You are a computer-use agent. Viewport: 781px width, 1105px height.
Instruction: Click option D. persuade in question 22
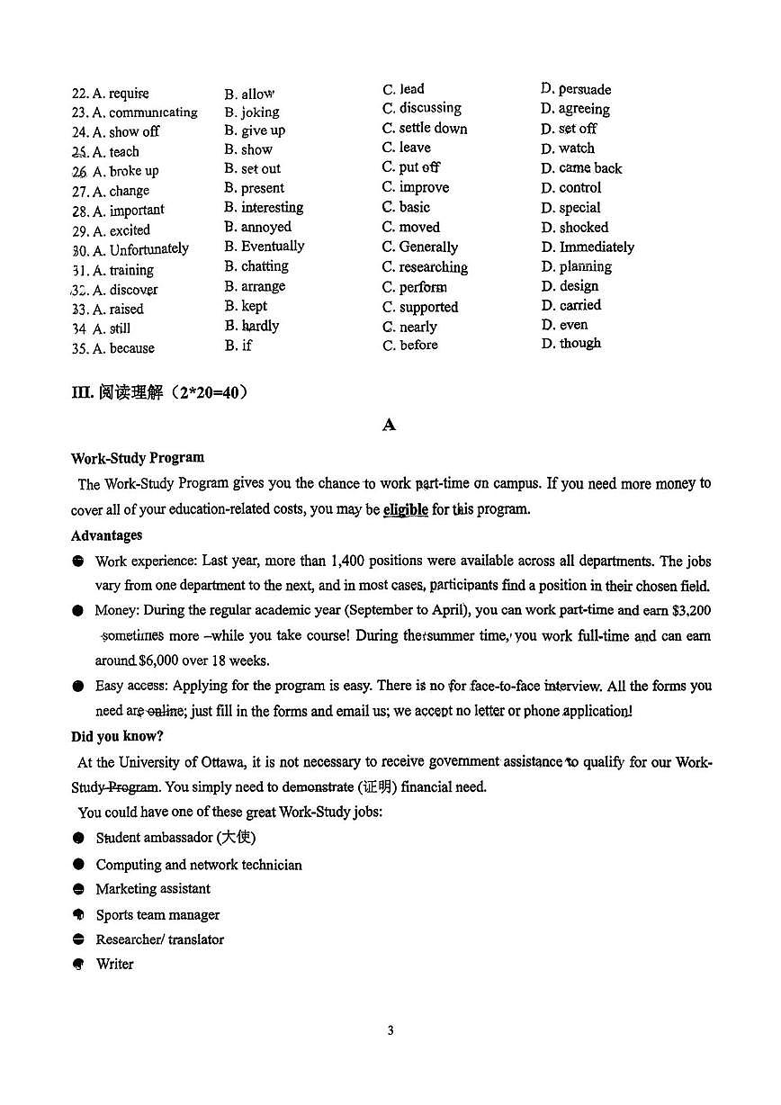tap(576, 89)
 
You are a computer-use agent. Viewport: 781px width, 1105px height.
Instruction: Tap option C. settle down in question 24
tap(425, 128)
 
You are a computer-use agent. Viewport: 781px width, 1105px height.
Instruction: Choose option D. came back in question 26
tap(581, 168)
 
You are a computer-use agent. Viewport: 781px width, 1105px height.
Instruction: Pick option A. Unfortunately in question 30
tap(139, 249)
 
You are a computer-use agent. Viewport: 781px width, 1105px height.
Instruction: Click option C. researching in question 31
tap(425, 267)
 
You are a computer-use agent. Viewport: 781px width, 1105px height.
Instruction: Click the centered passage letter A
tap(389, 425)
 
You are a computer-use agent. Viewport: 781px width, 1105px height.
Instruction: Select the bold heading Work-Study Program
tap(138, 457)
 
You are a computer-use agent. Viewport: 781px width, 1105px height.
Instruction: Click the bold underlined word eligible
tap(406, 509)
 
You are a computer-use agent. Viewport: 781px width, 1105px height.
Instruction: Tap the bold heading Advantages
tap(106, 535)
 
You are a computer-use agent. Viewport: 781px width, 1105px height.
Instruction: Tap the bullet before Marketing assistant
tap(78, 889)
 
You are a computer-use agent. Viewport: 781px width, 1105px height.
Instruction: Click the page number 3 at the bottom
tap(390, 1030)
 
